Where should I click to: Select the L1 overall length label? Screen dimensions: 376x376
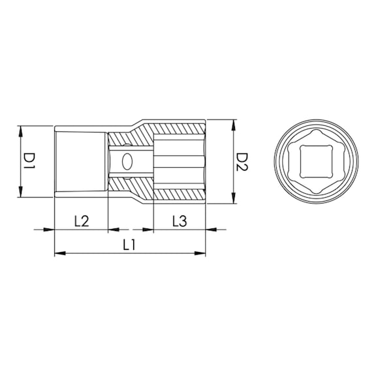click(129, 245)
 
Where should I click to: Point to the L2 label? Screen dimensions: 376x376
click(81, 221)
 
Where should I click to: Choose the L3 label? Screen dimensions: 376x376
click(180, 221)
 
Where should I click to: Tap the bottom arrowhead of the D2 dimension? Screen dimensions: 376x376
click(232, 198)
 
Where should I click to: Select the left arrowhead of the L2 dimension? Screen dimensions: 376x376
click(48, 229)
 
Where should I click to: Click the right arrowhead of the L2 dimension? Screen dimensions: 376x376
click(113, 229)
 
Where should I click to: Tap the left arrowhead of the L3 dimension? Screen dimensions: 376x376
click(148, 229)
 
